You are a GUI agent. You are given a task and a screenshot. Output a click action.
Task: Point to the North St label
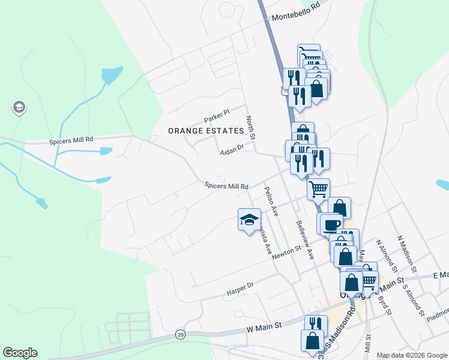(251, 127)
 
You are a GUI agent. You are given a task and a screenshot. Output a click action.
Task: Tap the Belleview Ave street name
(305, 239)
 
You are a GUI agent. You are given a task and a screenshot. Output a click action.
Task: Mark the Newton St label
(286, 253)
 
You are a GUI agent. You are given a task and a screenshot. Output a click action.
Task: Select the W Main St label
(264, 327)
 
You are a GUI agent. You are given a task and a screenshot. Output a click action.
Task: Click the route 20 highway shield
(180, 334)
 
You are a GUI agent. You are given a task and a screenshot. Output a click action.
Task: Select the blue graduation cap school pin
(249, 220)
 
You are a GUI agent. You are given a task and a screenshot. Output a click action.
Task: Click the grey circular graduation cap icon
(19, 108)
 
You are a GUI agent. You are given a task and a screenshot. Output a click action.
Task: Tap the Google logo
(20, 353)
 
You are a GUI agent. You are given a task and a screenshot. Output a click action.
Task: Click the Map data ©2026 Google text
(411, 355)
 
